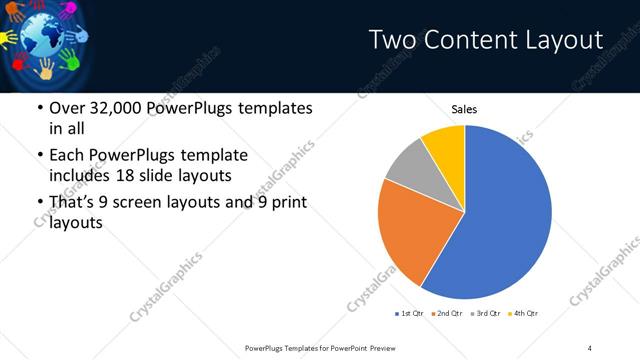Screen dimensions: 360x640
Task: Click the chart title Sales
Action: coord(464,108)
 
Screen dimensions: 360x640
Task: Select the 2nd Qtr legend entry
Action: coord(448,314)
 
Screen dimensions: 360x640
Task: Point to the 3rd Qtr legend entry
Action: coord(486,314)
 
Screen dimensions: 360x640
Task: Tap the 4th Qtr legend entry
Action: coord(523,314)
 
